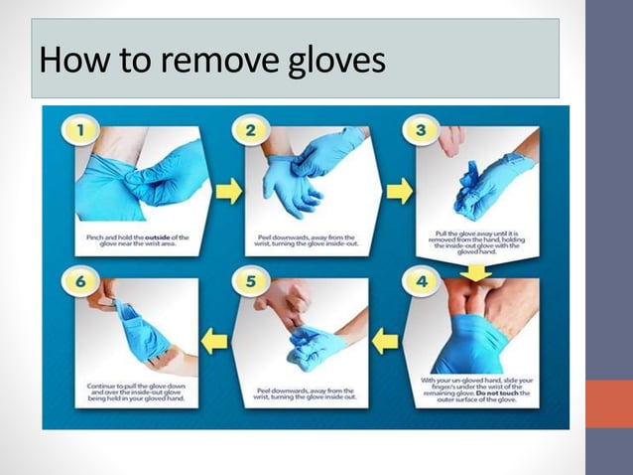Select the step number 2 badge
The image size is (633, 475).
coord(249,129)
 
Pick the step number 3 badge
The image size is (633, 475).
coord(421,129)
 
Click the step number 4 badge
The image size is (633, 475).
coord(423,281)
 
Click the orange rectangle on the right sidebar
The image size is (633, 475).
coord(608,403)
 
